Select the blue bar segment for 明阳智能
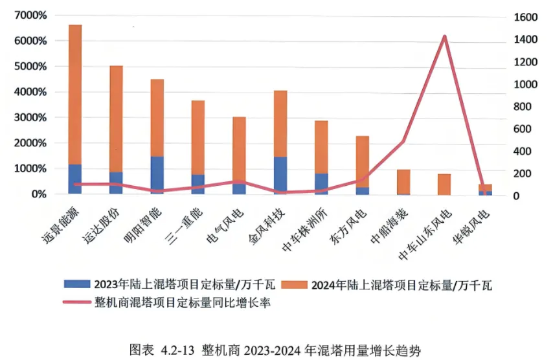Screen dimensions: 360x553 click(157, 175)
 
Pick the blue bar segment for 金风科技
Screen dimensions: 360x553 click(280, 175)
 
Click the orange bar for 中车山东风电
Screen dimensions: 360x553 click(444, 184)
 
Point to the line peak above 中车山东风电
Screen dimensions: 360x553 click(445, 36)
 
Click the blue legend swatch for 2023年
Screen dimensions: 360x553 click(76, 284)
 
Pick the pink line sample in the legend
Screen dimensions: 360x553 click(76, 302)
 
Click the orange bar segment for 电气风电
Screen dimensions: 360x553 click(240, 149)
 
